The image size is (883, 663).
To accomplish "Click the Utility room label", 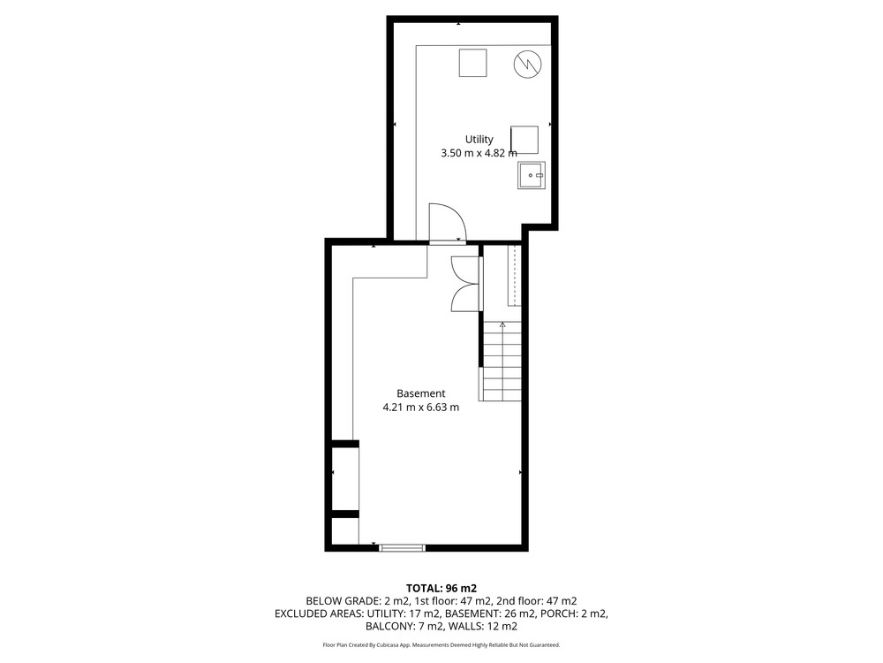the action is pyautogui.click(x=479, y=140).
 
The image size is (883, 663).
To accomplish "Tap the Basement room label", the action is pyautogui.click(x=420, y=393).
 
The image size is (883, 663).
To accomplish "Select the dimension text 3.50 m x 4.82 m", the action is pyautogui.click(x=479, y=153).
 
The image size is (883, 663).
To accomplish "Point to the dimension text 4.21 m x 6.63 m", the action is pyautogui.click(x=420, y=407).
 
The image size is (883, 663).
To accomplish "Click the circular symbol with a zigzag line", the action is pyautogui.click(x=528, y=65).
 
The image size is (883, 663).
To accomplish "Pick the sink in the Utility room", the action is pyautogui.click(x=532, y=175).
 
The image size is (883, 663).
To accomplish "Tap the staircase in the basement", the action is pyautogui.click(x=500, y=361).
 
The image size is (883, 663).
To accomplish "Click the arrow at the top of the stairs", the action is pyautogui.click(x=502, y=324).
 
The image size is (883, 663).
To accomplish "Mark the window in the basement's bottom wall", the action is pyautogui.click(x=402, y=547).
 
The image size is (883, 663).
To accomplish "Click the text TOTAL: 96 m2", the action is pyautogui.click(x=441, y=589).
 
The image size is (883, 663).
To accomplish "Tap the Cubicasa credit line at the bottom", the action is pyautogui.click(x=441, y=644).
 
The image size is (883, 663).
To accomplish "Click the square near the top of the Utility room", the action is pyautogui.click(x=472, y=63).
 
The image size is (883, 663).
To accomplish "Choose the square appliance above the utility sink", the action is pyautogui.click(x=525, y=140).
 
